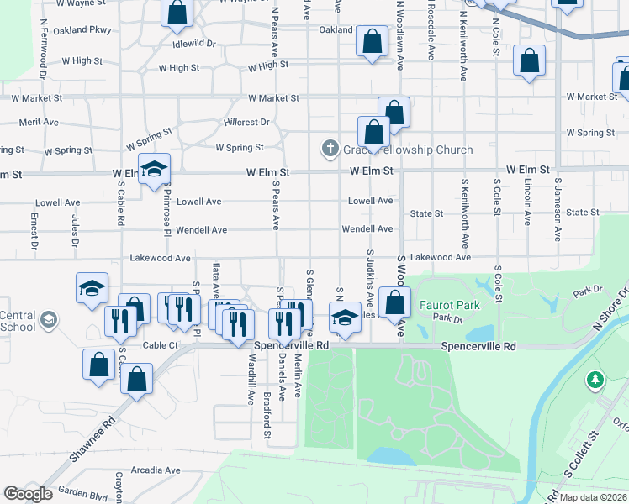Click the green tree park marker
(595, 381)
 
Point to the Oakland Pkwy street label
(82, 30)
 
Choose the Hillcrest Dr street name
(246, 122)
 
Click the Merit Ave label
(39, 122)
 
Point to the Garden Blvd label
(82, 494)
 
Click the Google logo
(28, 493)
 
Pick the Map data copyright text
(592, 497)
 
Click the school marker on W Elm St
(155, 171)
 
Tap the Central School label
(18, 321)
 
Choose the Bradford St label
(267, 415)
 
